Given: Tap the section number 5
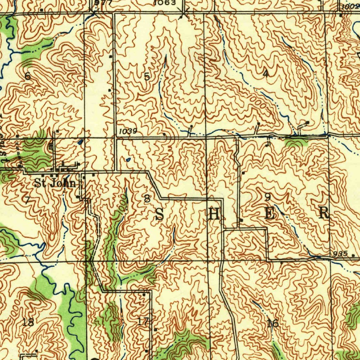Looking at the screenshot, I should (x=147, y=76).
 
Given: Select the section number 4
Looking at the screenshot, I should (x=265, y=73).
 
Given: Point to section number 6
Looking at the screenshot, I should (x=27, y=76).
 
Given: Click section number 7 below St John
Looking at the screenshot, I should (x=27, y=200).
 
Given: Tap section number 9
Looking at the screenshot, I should (x=268, y=197).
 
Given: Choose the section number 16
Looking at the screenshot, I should (x=273, y=323).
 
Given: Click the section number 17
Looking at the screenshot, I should (x=143, y=321).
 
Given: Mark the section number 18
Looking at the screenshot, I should (x=28, y=322).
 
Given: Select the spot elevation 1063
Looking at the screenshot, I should (x=165, y=3).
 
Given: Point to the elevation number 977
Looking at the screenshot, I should (x=104, y=3).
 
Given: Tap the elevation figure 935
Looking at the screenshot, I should (x=341, y=254).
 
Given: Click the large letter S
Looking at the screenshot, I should (x=159, y=214).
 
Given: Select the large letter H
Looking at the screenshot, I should (x=213, y=214).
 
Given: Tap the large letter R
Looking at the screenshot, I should (x=324, y=213).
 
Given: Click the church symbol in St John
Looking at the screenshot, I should (x=63, y=164).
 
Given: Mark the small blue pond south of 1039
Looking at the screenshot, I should (x=128, y=160).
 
